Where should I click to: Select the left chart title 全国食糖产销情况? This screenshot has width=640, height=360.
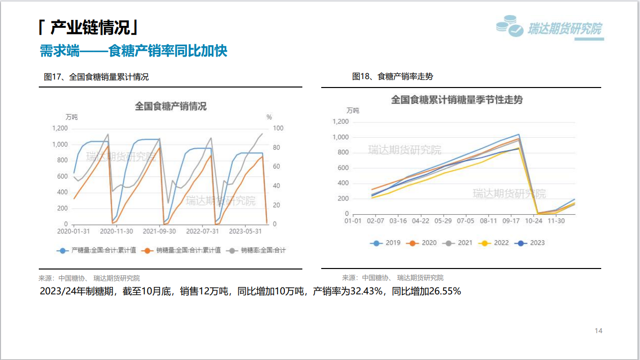(171, 106)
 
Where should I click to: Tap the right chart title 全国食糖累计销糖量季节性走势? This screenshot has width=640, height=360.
(457, 99)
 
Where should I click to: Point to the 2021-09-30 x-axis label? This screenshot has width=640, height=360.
(159, 231)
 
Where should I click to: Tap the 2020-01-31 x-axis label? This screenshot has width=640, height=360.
(74, 231)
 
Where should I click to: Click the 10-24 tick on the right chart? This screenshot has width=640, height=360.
(534, 221)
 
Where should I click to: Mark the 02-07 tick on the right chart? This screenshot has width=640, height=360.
(375, 221)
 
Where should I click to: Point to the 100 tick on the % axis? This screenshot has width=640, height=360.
(278, 128)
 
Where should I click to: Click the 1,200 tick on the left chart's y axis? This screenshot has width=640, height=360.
(60, 128)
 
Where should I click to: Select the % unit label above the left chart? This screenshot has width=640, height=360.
(269, 117)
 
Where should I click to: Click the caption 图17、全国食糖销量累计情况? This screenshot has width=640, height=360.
(96, 77)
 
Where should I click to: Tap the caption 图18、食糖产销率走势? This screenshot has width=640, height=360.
(392, 77)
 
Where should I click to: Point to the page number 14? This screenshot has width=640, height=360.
(599, 331)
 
